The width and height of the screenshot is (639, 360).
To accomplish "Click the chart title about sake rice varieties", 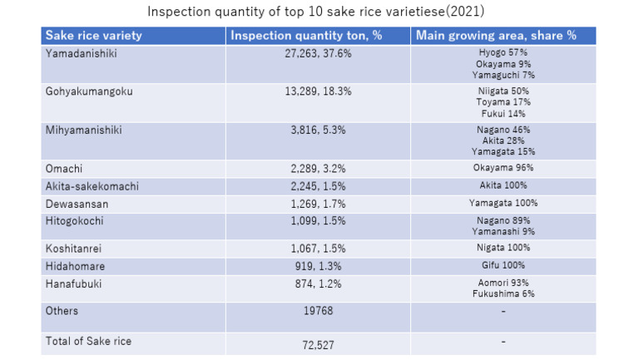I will [316, 12].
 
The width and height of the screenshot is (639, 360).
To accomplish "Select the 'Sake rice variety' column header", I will [93, 36].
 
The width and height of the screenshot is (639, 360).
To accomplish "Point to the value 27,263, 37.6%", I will [318, 52].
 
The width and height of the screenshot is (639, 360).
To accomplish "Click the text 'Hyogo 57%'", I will [503, 52].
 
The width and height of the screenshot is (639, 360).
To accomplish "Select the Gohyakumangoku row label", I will [89, 91].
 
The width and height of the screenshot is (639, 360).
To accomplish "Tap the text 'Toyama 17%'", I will [503, 102].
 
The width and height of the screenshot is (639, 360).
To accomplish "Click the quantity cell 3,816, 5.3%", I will [318, 130].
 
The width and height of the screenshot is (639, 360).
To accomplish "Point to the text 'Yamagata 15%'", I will [503, 152].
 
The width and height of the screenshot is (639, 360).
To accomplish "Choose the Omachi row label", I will [64, 168].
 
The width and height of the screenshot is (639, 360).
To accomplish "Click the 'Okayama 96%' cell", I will [503, 168].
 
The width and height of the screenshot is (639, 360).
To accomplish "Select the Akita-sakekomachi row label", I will [92, 186].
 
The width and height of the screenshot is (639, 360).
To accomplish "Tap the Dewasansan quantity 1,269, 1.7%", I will [318, 203].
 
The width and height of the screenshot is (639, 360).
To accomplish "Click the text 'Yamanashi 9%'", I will [503, 231].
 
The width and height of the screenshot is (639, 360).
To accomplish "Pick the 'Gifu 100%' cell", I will [503, 265].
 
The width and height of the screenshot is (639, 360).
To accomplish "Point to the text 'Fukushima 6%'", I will [503, 294].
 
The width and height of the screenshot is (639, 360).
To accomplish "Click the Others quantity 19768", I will [318, 311].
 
